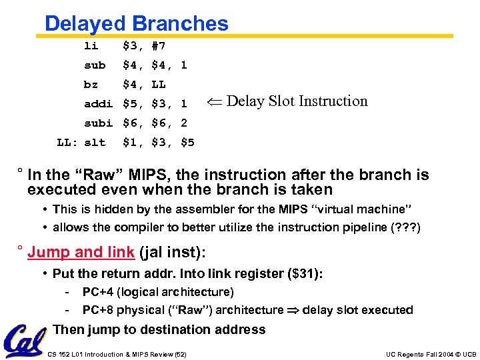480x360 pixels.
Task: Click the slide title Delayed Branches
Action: tap(136, 24)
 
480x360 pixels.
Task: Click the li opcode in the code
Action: tap(91, 46)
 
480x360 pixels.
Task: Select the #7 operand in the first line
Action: tap(159, 46)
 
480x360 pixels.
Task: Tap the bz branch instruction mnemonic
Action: tap(91, 85)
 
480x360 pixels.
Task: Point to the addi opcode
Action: tap(98, 104)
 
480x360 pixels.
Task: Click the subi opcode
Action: tap(98, 123)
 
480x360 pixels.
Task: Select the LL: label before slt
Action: tap(65, 143)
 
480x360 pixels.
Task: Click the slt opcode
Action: tap(95, 143)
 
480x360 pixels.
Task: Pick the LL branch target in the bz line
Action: tap(159, 85)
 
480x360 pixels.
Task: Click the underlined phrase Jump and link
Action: tap(80, 252)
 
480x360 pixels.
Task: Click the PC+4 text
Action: tap(97, 292)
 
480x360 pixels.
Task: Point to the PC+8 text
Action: tap(97, 310)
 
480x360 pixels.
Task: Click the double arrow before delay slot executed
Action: tap(293, 310)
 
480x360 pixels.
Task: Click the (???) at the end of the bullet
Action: tap(406, 227)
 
